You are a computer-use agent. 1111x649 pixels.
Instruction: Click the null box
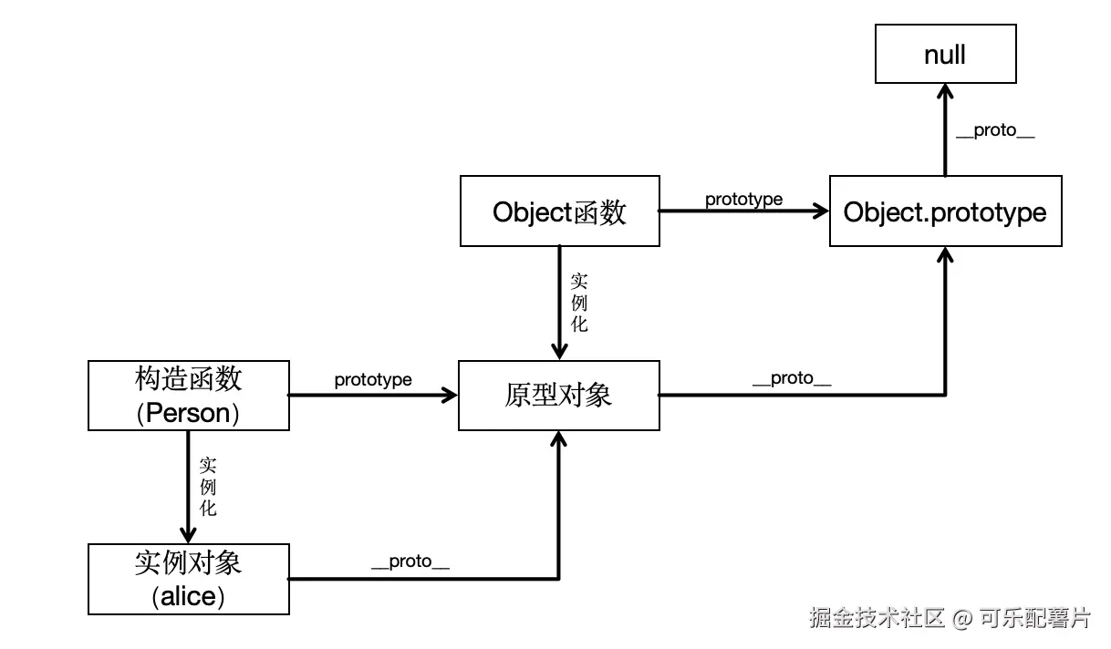945,55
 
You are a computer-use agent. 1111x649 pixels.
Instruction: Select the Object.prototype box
945,211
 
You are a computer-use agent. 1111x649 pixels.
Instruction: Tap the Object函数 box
559,211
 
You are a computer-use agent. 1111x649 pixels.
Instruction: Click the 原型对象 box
558,395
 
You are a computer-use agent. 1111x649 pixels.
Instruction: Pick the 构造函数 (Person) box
188,395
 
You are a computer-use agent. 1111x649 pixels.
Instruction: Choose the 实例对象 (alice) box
188,579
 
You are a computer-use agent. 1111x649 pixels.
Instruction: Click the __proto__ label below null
994,130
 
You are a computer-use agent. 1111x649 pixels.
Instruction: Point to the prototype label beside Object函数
743,200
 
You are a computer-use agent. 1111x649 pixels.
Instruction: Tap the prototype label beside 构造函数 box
372,379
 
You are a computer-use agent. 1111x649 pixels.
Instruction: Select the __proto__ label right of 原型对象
791,379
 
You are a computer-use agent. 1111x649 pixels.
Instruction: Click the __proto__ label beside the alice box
410,562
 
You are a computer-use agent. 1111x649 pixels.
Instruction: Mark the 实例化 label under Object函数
579,302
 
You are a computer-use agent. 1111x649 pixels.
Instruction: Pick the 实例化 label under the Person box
208,486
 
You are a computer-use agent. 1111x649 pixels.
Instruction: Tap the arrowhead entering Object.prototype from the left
820,211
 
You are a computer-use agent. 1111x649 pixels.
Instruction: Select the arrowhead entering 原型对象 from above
558,352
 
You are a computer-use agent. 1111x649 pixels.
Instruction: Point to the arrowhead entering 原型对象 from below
558,439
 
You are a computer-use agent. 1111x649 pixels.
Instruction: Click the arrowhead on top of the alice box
188,535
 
